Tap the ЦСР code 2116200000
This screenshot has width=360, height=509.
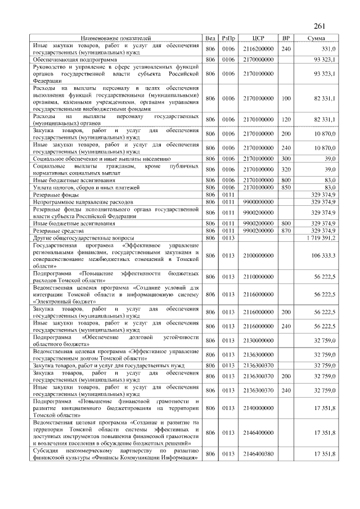259,49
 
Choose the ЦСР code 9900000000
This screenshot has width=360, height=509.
259,201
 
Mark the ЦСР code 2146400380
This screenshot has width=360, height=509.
259,454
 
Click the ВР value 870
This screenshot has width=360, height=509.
286,231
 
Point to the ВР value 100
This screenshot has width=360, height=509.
286,98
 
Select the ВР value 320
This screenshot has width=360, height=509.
286,169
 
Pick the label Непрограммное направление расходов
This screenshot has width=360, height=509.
83,201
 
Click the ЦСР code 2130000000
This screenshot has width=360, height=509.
259,340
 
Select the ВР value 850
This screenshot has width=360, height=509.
286,187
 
